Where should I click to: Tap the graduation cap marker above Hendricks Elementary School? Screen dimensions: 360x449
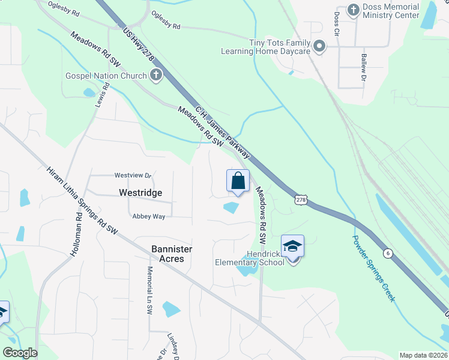coord(292,247)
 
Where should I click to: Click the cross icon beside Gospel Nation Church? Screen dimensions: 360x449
coord(155,76)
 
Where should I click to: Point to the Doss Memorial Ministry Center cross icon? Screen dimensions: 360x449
coord(354,10)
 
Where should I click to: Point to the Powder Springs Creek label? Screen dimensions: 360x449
coord(373,266)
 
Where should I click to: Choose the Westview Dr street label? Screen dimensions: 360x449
coord(133,175)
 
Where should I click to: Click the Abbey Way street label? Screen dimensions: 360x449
coord(149,217)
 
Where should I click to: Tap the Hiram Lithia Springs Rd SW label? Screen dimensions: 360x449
coord(82,199)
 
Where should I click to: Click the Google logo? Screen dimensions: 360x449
coord(20,353)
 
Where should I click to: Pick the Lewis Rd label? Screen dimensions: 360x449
coord(100,95)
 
